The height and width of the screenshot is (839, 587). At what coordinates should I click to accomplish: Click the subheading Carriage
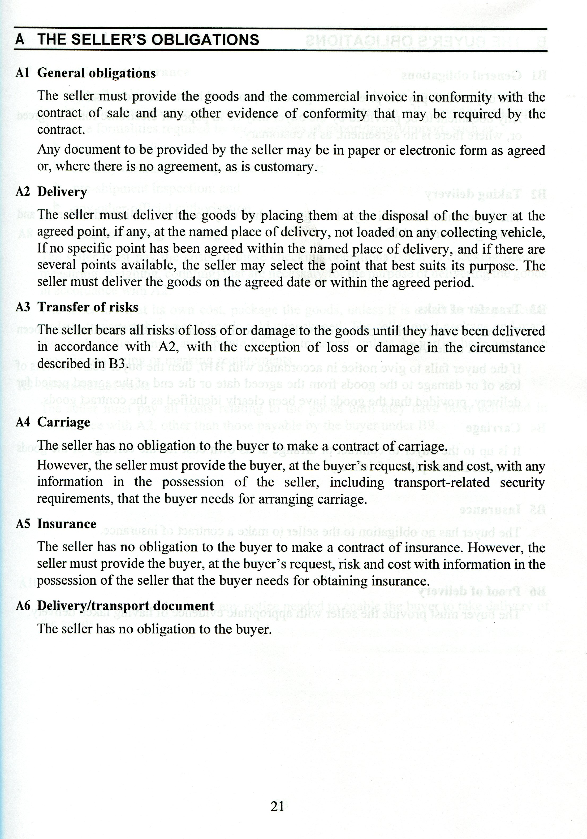[64, 422]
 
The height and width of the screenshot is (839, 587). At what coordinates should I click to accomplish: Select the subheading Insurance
[67, 524]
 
